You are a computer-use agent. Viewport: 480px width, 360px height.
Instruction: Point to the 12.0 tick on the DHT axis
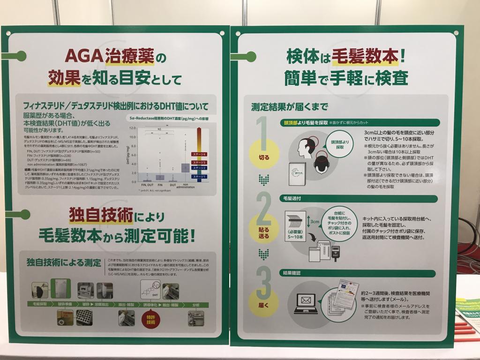[133, 127]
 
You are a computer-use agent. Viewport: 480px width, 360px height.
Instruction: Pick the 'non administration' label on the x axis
[186, 187]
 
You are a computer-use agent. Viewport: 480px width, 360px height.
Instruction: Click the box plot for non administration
[185, 167]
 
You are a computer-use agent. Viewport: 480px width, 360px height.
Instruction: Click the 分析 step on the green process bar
[196, 305]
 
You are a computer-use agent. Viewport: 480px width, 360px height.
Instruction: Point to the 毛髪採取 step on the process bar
[40, 305]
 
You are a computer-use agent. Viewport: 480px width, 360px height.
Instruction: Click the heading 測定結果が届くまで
[289, 107]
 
